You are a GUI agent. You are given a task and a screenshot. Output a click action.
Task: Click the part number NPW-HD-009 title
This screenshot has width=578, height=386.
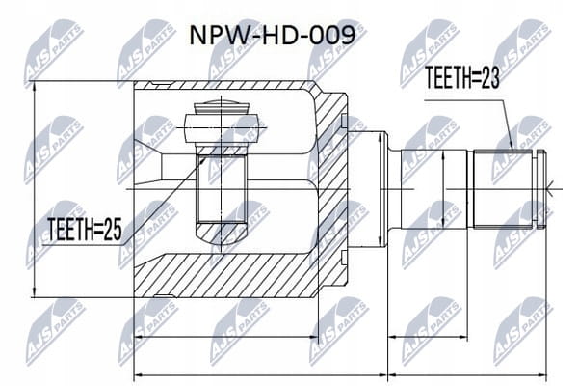(x=272, y=36)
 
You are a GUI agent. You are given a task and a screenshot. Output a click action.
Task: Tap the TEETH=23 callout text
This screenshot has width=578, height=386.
(x=462, y=77)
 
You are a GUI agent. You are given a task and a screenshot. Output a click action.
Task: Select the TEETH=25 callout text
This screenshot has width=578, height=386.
(x=85, y=229)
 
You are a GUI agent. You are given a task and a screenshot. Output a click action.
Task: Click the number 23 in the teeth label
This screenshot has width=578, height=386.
(x=490, y=77)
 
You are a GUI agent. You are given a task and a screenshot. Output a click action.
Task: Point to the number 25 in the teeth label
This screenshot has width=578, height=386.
(x=112, y=229)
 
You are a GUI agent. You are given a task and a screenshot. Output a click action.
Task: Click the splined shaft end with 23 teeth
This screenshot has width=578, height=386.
(x=503, y=188)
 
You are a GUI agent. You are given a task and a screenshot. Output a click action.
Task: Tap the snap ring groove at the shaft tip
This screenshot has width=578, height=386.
(x=541, y=188)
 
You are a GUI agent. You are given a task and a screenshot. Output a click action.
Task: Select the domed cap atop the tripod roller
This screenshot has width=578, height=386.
(x=221, y=107)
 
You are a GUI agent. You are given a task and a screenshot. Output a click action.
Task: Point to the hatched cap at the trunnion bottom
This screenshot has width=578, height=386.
(x=221, y=234)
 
